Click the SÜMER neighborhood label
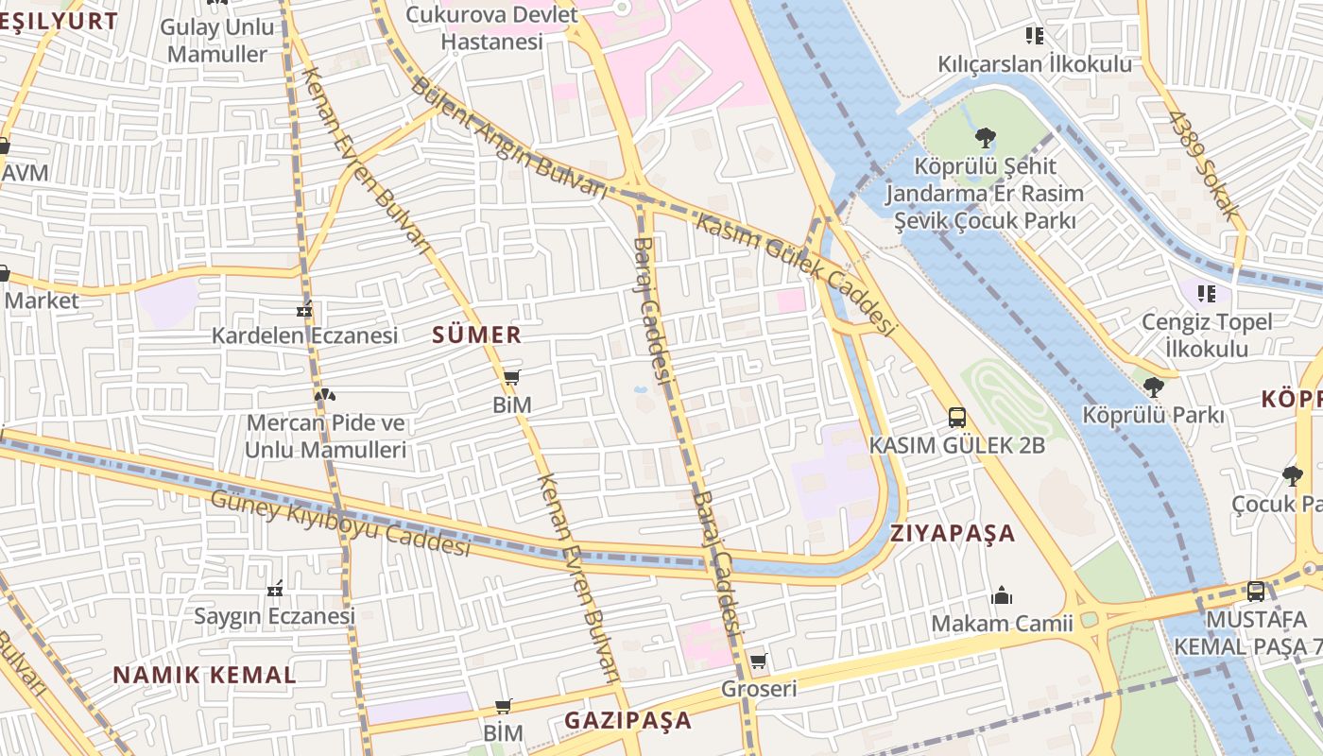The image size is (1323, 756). tap(476, 335)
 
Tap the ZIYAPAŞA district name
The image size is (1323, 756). tap(953, 533)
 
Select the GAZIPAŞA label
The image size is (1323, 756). tap(627, 720)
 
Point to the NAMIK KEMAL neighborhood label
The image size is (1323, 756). tap(204, 675)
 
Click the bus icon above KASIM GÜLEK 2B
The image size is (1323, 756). tap(956, 417)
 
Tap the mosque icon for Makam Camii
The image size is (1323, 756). tap(1002, 595)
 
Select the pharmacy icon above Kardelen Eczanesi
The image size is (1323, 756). tap(304, 309)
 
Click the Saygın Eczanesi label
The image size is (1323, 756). tap(274, 616)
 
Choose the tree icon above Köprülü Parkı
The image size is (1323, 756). tap(1153, 387)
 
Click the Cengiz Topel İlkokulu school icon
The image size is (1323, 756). tap(1206, 294)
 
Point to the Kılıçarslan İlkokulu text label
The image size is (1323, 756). tap(1035, 64)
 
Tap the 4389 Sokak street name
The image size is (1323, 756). tap(1203, 166)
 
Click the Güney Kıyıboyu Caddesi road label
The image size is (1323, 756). tap(340, 523)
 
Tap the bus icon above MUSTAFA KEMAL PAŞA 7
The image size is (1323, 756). tap(1255, 592)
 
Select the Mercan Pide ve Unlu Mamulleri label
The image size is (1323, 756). tap(325, 436)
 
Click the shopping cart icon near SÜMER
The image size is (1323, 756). tap(511, 378)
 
